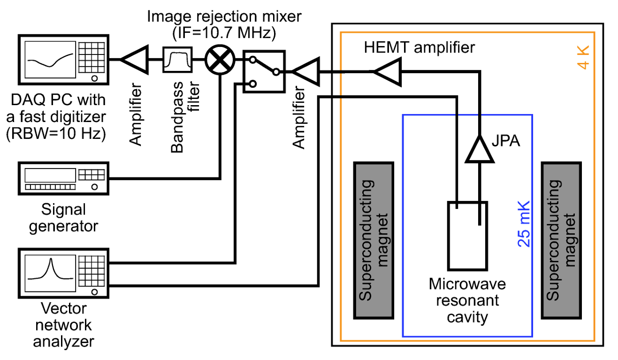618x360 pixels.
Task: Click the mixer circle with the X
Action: [219, 60]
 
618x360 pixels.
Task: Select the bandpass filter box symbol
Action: [177, 60]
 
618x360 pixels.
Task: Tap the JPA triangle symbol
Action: [480, 150]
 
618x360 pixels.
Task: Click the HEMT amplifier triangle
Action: [388, 72]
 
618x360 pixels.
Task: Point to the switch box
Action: [264, 72]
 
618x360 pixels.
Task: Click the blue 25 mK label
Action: [524, 224]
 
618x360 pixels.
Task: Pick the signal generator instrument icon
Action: [64, 178]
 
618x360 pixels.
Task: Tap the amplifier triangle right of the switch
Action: [306, 72]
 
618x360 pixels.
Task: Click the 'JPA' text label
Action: [507, 140]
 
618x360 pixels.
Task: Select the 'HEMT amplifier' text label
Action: [420, 47]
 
